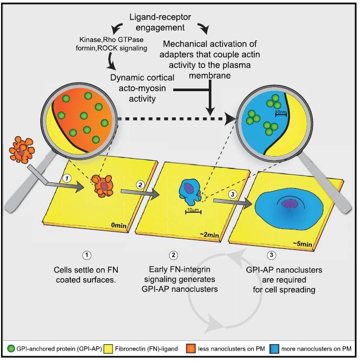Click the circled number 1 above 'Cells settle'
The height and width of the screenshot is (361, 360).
87,256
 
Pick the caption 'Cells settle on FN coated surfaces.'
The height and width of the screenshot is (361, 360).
87,274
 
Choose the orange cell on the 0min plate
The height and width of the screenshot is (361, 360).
105,185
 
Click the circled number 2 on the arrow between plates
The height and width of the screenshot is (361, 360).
140,185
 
